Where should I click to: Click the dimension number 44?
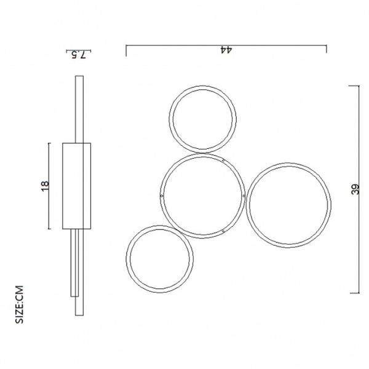[226, 50]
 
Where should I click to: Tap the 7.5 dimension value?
[79, 55]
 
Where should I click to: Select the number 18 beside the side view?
[45, 186]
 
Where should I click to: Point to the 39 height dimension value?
[355, 189]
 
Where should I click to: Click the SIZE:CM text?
[19, 304]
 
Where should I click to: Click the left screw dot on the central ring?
[161, 196]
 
